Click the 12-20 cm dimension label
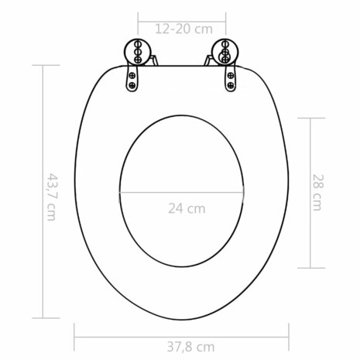183,29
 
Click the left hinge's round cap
135,50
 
